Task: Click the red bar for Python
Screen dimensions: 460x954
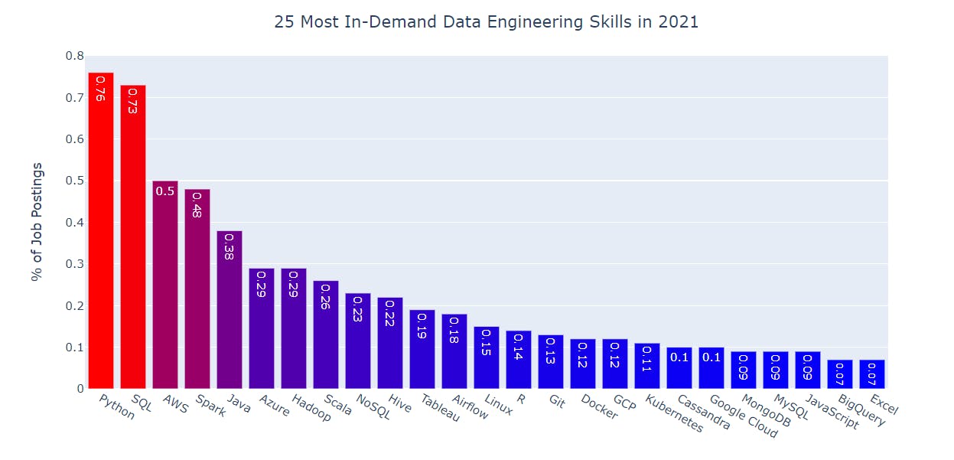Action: [101, 230]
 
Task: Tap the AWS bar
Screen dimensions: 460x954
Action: [165, 291]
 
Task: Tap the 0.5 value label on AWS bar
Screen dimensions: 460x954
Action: [165, 191]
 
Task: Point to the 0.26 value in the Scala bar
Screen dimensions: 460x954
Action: [326, 296]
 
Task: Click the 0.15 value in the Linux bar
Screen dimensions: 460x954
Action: [487, 342]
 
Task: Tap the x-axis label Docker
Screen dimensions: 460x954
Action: [600, 407]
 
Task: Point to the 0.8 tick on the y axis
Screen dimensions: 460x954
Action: [74, 56]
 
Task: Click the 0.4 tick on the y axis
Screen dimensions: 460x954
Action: [74, 223]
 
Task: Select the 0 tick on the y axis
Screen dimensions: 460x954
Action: [80, 389]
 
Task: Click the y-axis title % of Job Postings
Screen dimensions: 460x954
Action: [37, 222]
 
